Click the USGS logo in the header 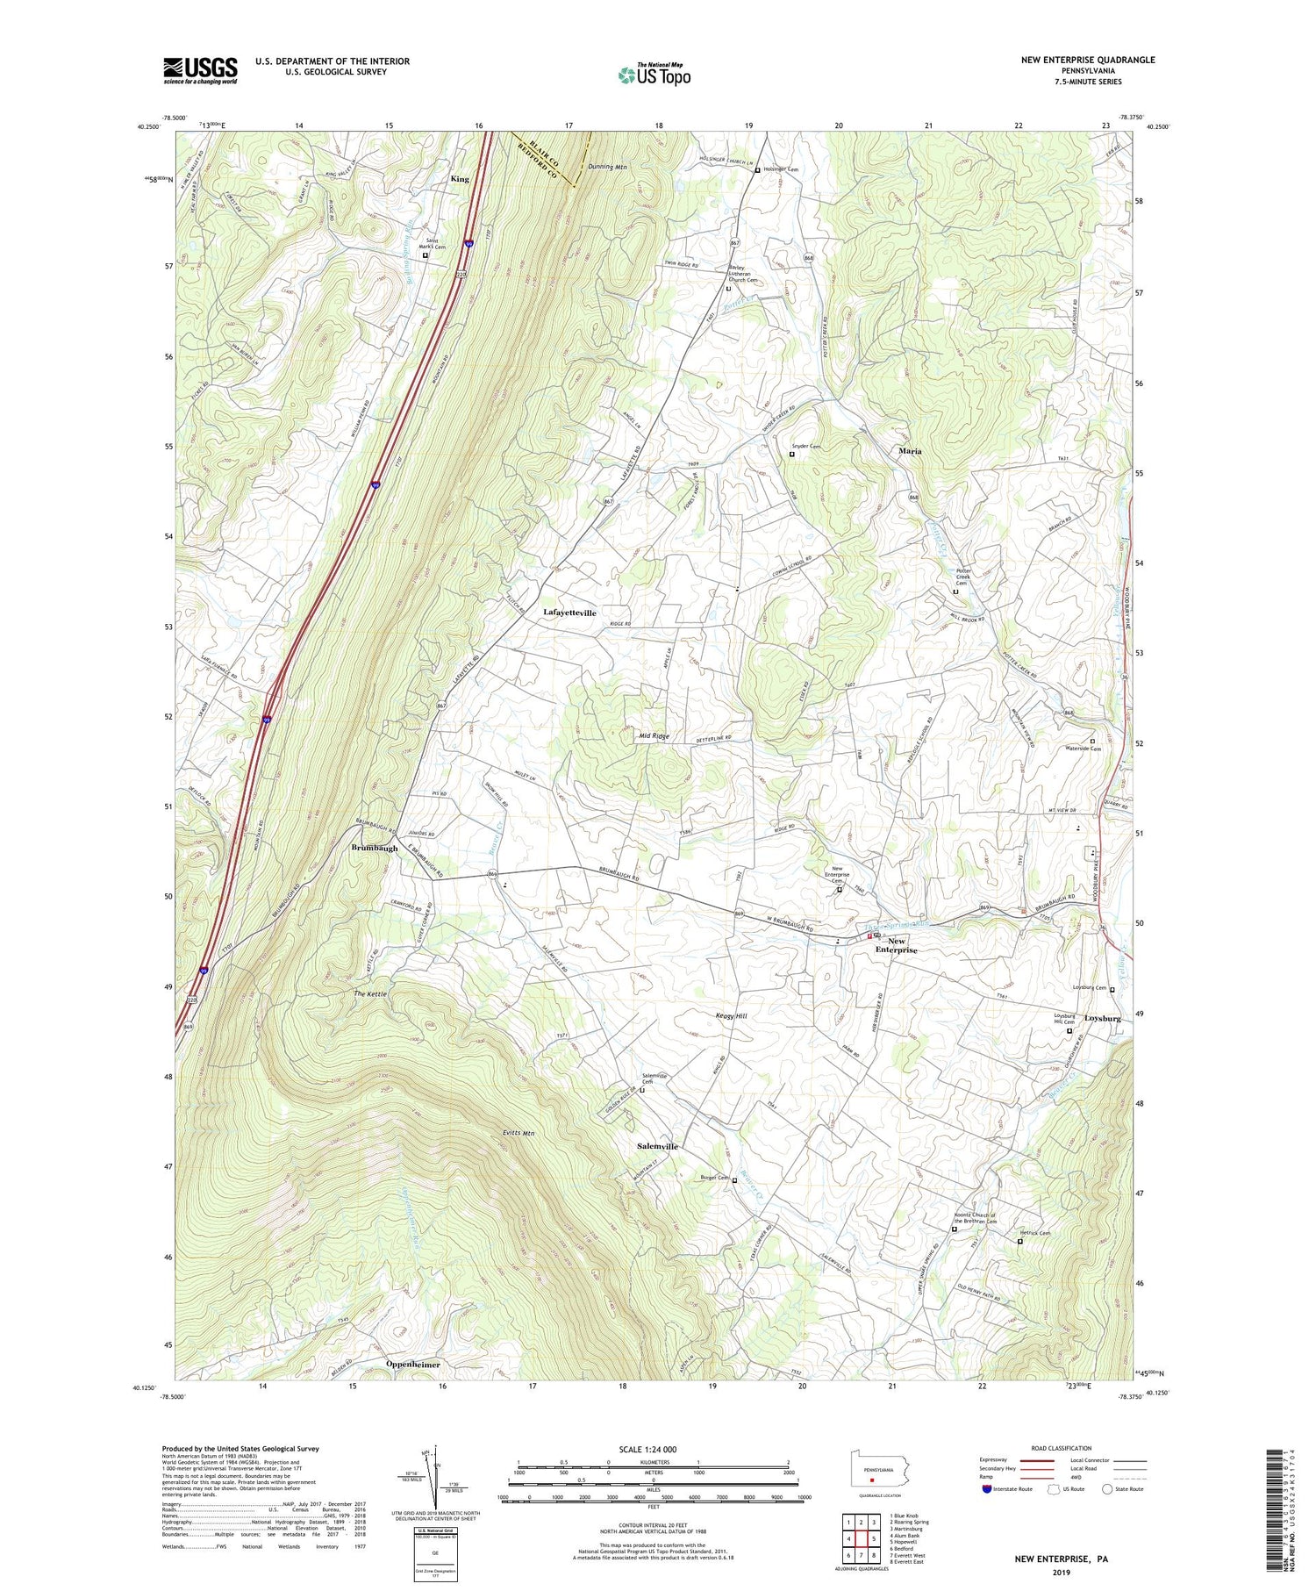pos(200,70)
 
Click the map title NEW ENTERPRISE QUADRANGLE pos(1087,60)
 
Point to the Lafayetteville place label pos(569,613)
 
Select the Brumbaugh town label pos(375,848)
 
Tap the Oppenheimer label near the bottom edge pos(412,1365)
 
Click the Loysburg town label pos(1102,1019)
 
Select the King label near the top pos(460,179)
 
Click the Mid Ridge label pos(654,736)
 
